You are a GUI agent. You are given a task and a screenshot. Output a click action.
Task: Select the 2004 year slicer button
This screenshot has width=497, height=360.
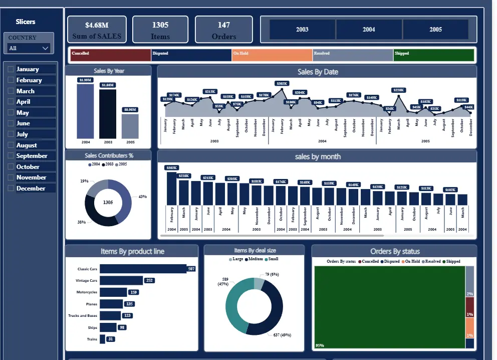coord(369,30)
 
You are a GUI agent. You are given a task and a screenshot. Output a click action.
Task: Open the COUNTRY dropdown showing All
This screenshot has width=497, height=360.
coord(29,48)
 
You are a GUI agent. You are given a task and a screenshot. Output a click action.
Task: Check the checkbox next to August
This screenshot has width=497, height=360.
coord(11,145)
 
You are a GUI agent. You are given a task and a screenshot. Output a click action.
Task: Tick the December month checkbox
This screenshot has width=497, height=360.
coord(11,189)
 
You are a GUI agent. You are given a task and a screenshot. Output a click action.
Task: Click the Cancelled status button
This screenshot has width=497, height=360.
coord(110,55)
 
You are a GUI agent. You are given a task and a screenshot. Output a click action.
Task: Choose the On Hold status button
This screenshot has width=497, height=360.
coord(272,55)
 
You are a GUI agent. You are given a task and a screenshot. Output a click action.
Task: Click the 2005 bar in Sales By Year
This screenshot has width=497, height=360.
coord(130,126)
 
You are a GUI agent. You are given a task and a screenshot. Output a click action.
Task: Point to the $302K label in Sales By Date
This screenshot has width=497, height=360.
coord(282,83)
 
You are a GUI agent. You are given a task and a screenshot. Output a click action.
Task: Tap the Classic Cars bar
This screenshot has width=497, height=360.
coord(143,269)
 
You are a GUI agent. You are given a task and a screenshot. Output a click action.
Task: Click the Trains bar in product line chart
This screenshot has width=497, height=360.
coord(102,339)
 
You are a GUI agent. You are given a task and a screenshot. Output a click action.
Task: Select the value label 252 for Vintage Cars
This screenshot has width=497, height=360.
coord(149,280)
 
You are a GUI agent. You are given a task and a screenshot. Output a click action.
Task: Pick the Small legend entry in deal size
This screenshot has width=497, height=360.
coord(271,259)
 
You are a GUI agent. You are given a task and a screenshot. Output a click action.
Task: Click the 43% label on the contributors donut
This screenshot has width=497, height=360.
coord(142,197)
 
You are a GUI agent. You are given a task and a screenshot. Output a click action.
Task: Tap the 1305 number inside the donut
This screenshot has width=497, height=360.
coord(108,202)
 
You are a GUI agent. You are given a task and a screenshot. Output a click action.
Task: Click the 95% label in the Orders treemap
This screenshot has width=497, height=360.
coord(319,345)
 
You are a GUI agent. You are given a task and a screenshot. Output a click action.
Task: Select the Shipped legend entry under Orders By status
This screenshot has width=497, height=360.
coord(451,261)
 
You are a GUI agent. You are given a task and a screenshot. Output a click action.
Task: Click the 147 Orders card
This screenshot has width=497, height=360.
coord(223,30)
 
